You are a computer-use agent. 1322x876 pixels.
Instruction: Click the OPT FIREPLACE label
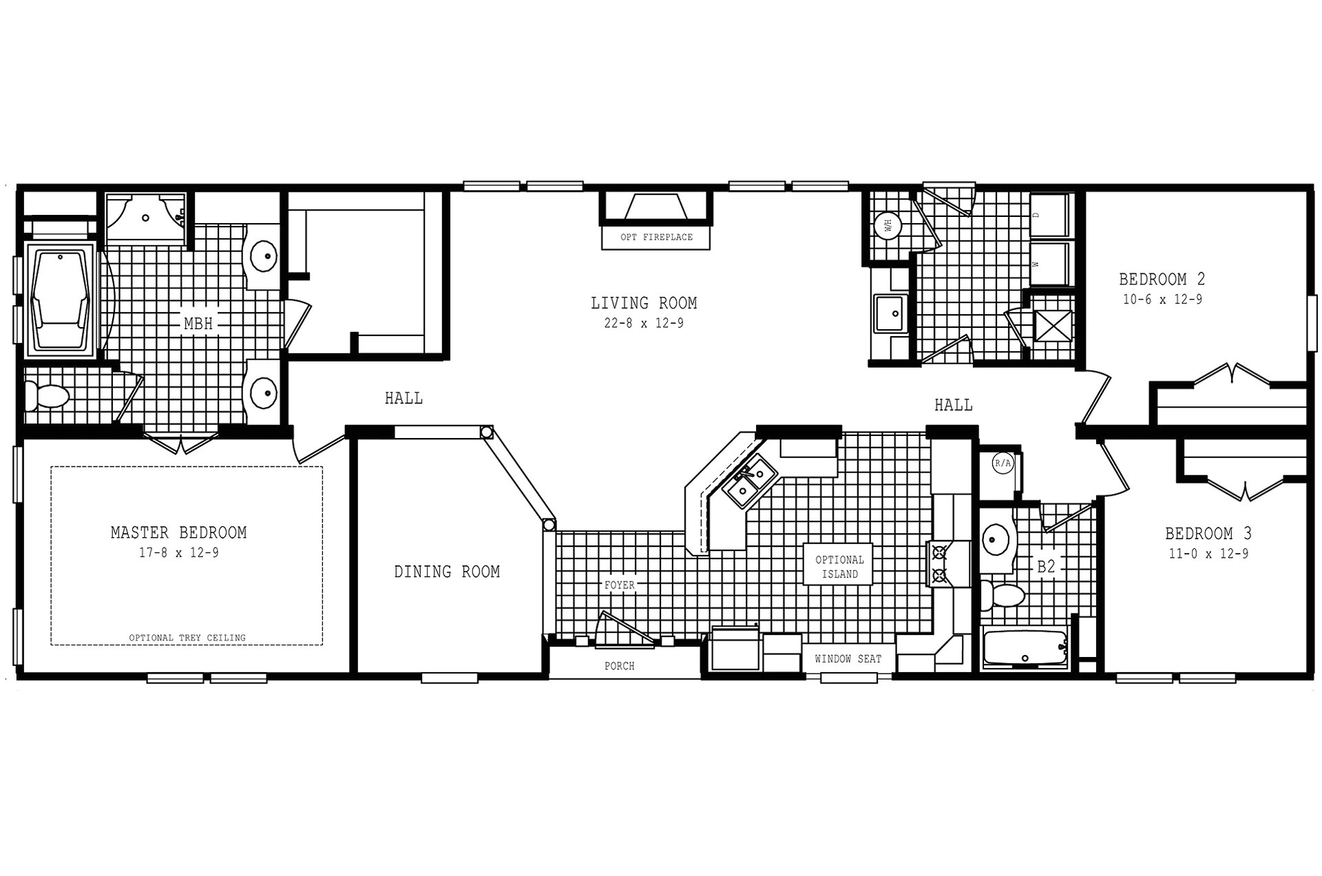click(x=656, y=237)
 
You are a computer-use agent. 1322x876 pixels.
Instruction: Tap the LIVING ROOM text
click(x=644, y=303)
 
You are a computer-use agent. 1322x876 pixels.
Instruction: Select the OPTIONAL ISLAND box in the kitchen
click(x=839, y=566)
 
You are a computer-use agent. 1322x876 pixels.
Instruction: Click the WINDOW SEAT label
click(x=848, y=659)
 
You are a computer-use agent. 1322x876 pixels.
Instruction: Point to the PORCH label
click(x=619, y=666)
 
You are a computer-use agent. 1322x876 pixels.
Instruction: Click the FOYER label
click(x=619, y=585)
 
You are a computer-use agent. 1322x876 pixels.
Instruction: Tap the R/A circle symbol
click(x=1003, y=463)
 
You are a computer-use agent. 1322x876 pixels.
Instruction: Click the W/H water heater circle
click(x=888, y=226)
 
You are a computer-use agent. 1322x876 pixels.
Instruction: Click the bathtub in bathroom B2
click(x=1024, y=648)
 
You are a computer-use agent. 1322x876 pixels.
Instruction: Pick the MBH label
click(x=198, y=323)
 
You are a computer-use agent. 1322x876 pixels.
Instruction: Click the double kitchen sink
click(x=749, y=481)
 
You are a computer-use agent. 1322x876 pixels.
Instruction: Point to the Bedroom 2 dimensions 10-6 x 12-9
click(x=1162, y=300)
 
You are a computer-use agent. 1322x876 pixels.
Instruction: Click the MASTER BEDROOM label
click(x=178, y=532)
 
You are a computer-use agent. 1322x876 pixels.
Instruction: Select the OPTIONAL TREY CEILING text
click(x=187, y=638)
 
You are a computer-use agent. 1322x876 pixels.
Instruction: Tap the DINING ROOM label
click(x=447, y=572)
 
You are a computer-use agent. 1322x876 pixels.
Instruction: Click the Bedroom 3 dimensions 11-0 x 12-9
click(x=1208, y=554)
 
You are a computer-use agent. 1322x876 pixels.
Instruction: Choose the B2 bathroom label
click(x=1046, y=567)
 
